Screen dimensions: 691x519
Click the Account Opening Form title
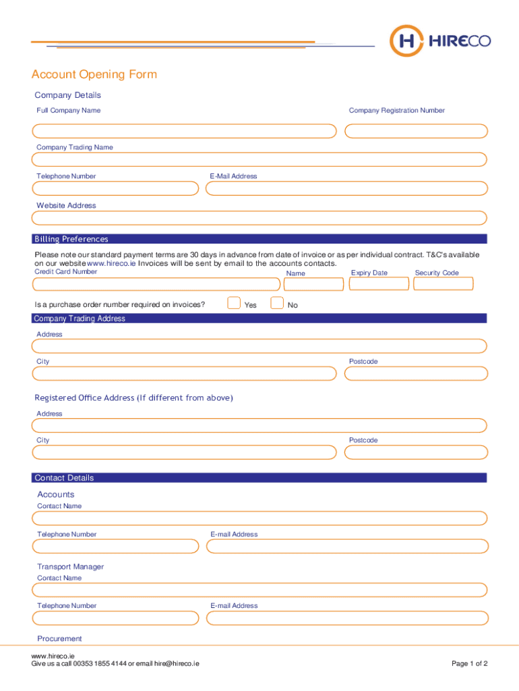click(94, 74)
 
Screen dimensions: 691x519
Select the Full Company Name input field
click(184, 131)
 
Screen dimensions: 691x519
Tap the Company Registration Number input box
click(415, 131)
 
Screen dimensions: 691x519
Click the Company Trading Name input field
click(259, 159)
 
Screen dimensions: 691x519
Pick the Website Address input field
click(259, 218)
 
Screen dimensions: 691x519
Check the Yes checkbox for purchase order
click(234, 303)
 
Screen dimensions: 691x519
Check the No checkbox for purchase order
click(276, 303)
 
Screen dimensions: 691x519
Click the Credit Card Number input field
click(156, 284)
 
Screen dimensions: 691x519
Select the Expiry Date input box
click(379, 284)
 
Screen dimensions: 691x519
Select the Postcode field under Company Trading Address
click(415, 374)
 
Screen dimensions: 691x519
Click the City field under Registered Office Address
click(184, 452)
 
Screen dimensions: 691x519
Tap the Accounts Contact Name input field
click(259, 518)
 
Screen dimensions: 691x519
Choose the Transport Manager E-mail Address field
click(346, 618)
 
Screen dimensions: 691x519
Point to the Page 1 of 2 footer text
click(469, 663)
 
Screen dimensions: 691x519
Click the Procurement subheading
click(60, 638)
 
